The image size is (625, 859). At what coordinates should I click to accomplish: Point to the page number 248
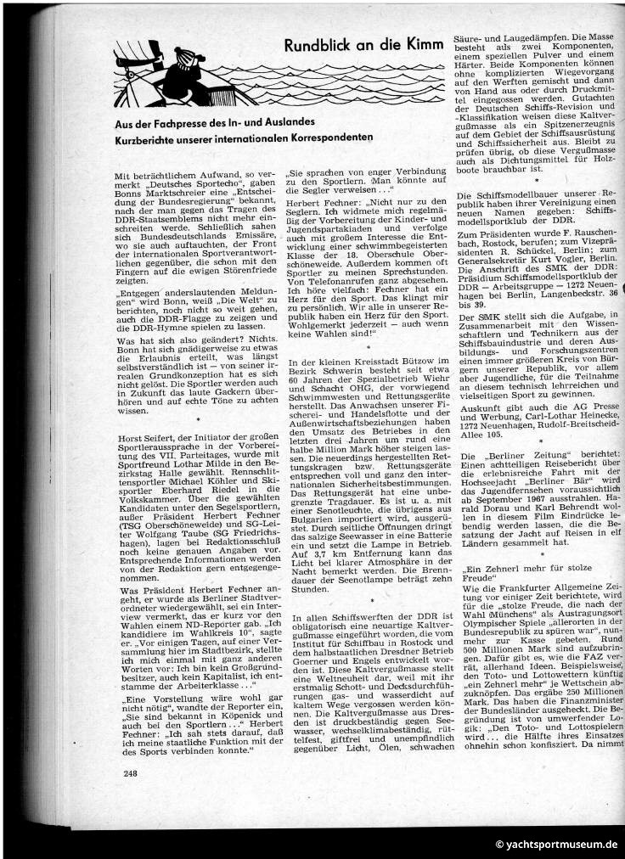pos(130,796)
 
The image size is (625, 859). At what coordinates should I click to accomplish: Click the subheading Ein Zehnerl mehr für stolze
pos(531,566)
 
